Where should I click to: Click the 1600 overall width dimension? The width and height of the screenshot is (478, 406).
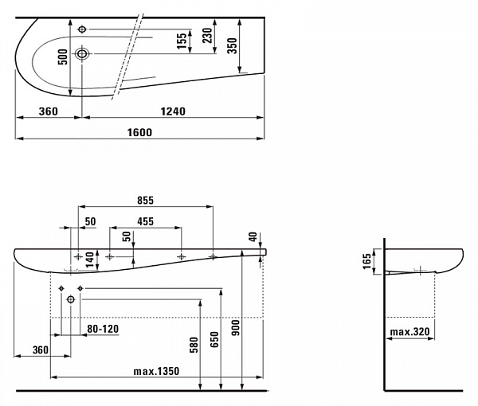[x=139, y=132]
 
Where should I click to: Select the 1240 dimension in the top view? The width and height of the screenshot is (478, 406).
[x=173, y=111]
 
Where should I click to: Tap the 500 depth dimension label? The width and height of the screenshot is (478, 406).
[x=63, y=57]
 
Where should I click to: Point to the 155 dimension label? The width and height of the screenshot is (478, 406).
[x=182, y=41]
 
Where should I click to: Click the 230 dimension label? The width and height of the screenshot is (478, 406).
[x=207, y=35]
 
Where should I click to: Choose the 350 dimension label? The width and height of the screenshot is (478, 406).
[x=233, y=45]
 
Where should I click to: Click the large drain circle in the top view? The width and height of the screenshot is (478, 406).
[x=82, y=54]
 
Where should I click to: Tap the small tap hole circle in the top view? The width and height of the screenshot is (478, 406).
[x=82, y=29]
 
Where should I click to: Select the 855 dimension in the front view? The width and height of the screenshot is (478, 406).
[x=146, y=201]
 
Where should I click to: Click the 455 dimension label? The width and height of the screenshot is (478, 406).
[x=146, y=221]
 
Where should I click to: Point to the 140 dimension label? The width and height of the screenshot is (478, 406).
[x=90, y=260]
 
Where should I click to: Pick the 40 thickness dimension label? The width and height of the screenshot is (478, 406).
[x=253, y=236]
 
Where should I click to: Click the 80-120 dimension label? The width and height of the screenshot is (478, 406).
[x=103, y=329]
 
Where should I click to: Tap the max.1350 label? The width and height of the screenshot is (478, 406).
[x=156, y=371]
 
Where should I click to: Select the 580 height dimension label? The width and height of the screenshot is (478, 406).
[x=194, y=345]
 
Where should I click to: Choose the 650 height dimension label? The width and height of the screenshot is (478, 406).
[x=214, y=340]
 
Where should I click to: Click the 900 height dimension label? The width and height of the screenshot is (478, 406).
[x=236, y=328]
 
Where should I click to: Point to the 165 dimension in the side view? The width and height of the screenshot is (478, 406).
[x=367, y=261]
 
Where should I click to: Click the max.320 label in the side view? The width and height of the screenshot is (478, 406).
[x=410, y=332]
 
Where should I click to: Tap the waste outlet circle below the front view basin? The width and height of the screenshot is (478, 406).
[x=71, y=299]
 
